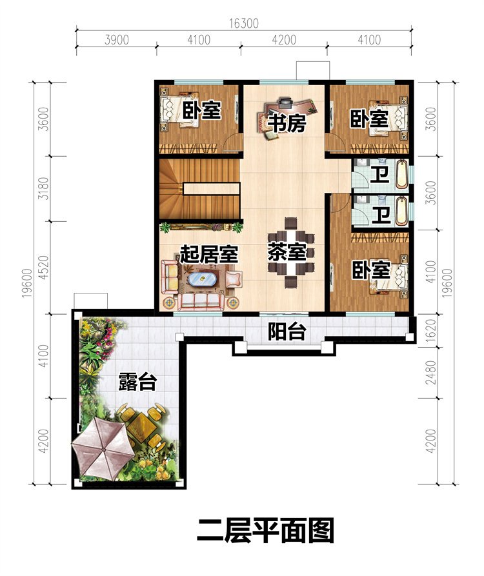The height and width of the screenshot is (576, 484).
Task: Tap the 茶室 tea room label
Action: (287, 252)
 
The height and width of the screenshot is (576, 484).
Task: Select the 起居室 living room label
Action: (208, 253)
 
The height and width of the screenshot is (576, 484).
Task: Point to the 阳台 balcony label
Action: (287, 332)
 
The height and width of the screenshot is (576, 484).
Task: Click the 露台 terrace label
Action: (137, 382)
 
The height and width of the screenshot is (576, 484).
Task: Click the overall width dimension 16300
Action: (243, 23)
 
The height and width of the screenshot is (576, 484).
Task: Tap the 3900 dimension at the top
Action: (117, 40)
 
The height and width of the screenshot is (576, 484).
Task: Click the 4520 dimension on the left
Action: (43, 267)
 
